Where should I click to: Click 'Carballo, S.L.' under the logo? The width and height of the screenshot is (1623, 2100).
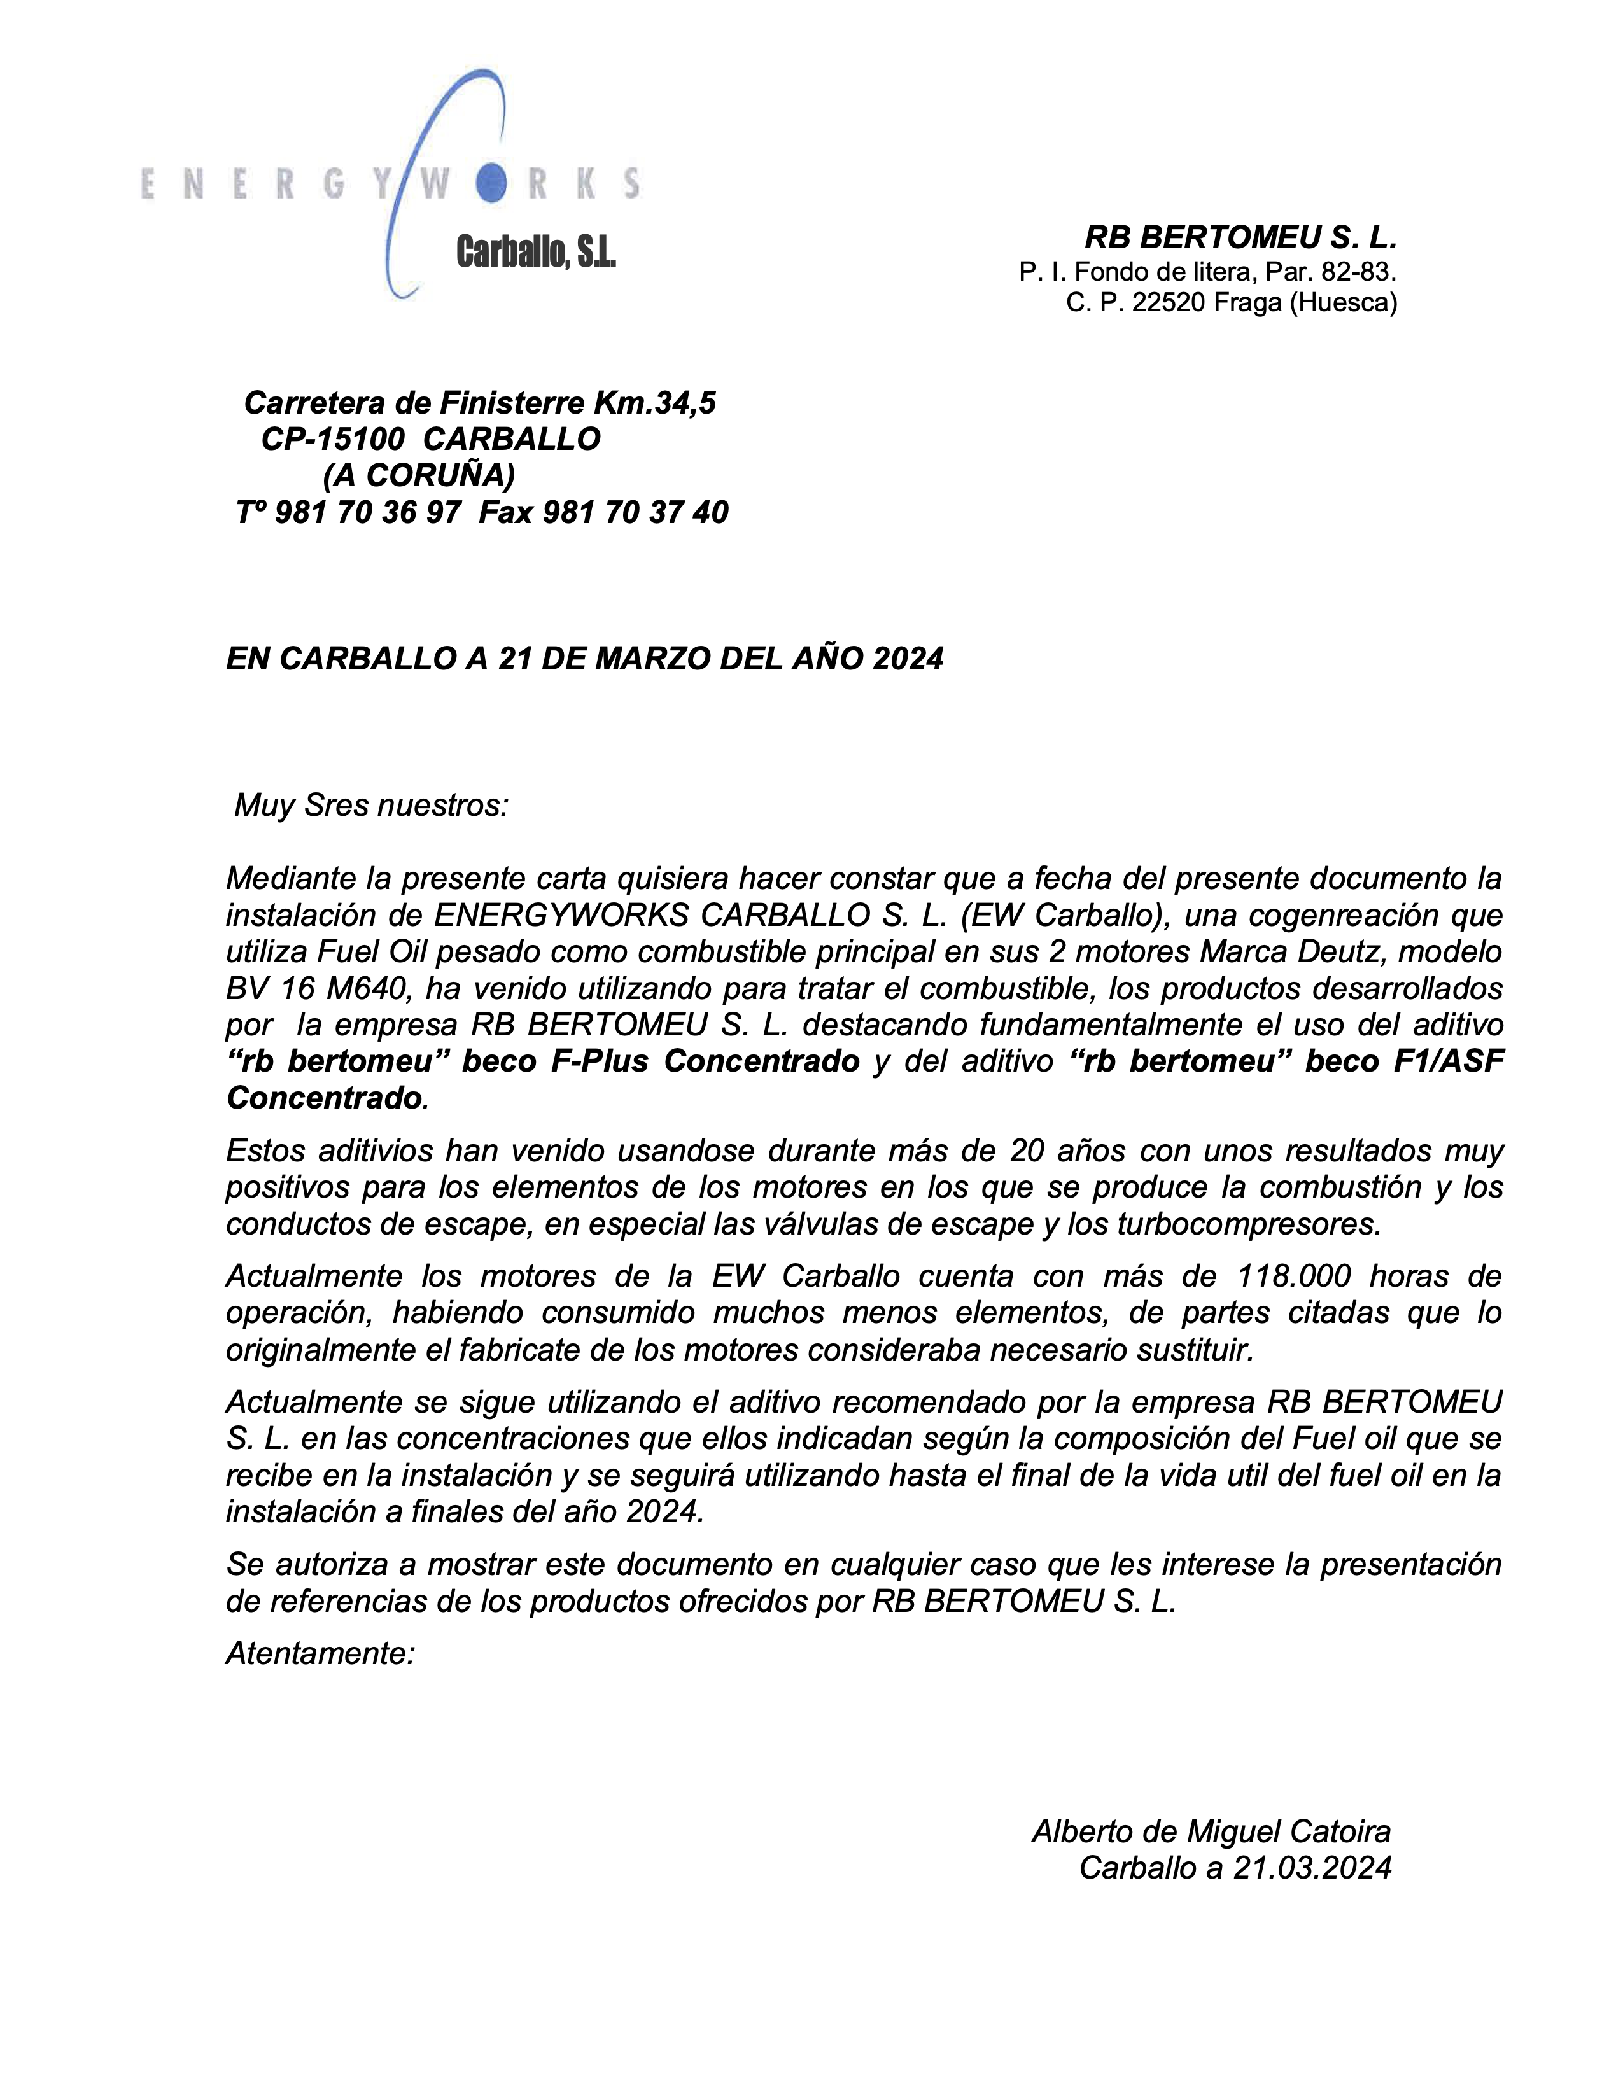coord(535,253)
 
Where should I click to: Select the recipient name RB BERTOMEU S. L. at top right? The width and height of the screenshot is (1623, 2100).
coord(1240,237)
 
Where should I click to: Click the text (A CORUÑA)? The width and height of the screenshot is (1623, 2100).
coord(419,475)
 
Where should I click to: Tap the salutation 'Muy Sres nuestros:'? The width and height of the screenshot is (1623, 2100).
coord(371,805)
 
